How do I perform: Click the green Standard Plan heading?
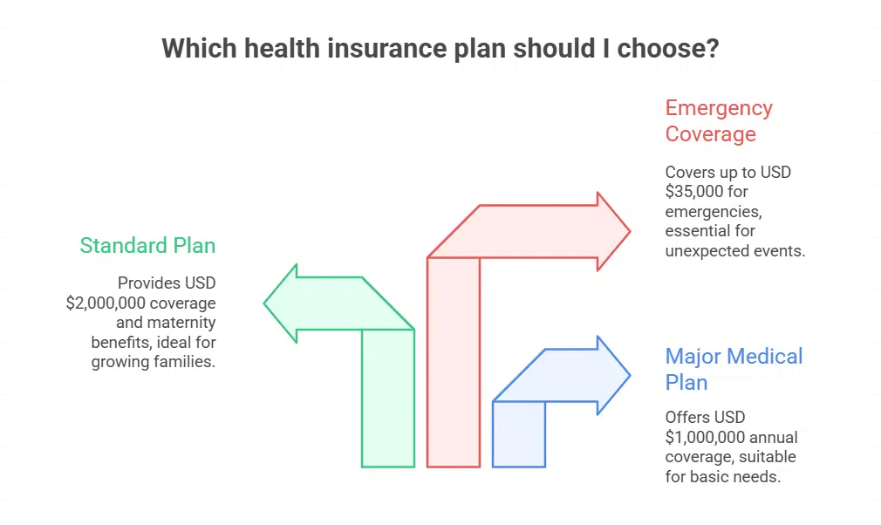click(x=147, y=245)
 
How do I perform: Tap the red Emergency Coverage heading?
click(x=719, y=120)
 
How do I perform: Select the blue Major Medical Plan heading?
click(x=734, y=369)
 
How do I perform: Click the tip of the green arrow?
click(x=264, y=303)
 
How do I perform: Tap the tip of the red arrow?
click(x=631, y=231)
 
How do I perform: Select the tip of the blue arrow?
click(x=631, y=376)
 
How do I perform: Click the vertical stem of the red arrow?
click(x=454, y=362)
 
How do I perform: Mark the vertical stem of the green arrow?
click(x=388, y=398)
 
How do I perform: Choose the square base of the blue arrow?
click(x=519, y=434)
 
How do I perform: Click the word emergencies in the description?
click(x=714, y=212)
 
